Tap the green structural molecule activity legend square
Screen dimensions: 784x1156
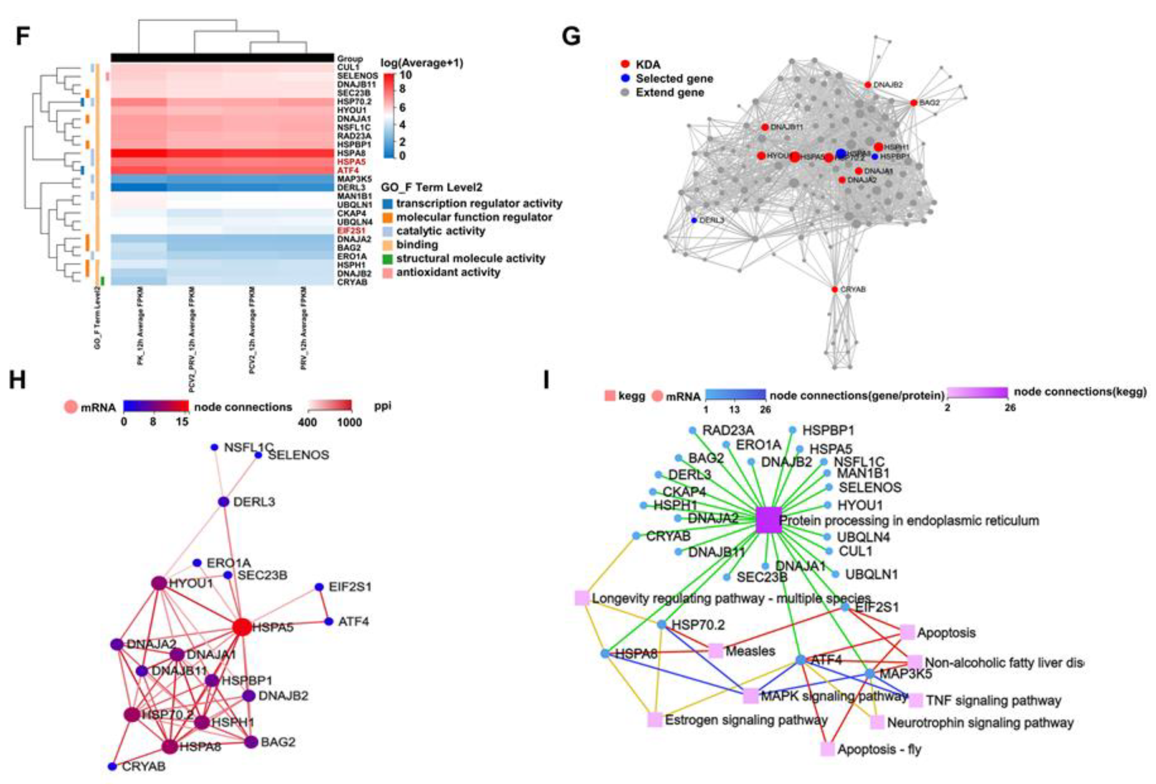point(387,259)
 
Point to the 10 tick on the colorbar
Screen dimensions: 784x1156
point(405,75)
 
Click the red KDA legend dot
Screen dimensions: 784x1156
point(625,64)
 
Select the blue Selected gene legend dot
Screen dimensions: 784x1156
point(625,78)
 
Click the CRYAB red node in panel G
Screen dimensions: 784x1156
point(835,289)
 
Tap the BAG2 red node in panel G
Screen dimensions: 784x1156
point(913,103)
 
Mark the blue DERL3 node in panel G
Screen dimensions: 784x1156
point(694,220)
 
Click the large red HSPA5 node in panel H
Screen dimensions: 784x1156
point(242,627)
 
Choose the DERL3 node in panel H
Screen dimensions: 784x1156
point(224,501)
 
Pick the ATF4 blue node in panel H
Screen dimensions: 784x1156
point(328,621)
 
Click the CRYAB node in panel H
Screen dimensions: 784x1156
point(112,766)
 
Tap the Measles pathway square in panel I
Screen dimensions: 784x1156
point(715,650)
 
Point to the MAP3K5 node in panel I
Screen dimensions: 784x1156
point(869,673)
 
